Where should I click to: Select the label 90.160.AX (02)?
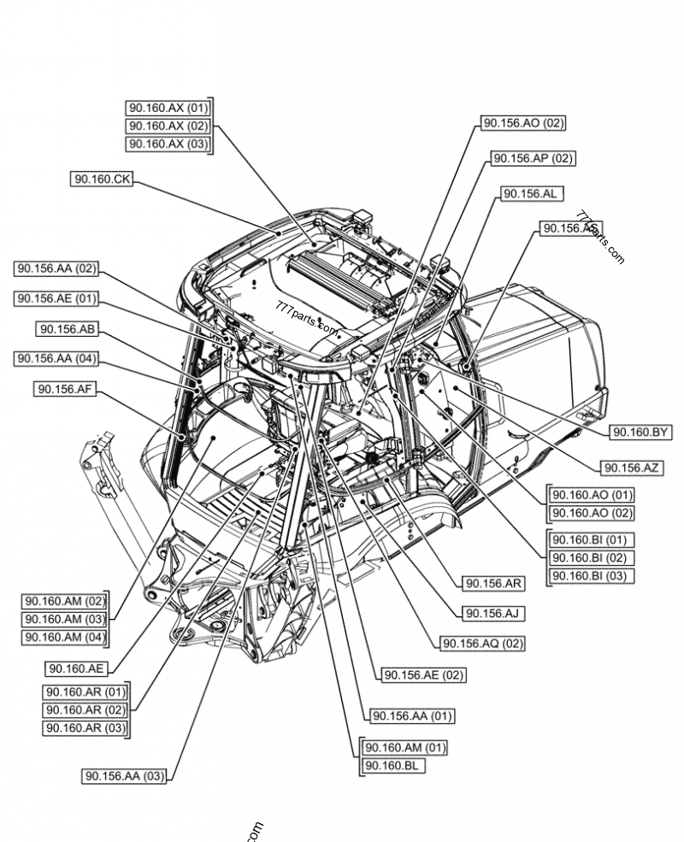coord(168,126)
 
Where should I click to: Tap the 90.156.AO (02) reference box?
coord(523,123)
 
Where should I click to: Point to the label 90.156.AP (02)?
coord(532,158)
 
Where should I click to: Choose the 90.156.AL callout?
coord(530,194)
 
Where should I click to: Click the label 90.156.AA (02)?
coord(56,268)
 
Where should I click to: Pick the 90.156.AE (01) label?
coord(56,298)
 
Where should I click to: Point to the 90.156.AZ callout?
coord(631,467)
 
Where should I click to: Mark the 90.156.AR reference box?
coord(493,583)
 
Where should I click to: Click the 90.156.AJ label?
coord(492,613)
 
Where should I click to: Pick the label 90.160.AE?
coord(76,668)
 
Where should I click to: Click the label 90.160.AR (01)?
coord(85,692)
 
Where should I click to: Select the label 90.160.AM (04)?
coord(65,637)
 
